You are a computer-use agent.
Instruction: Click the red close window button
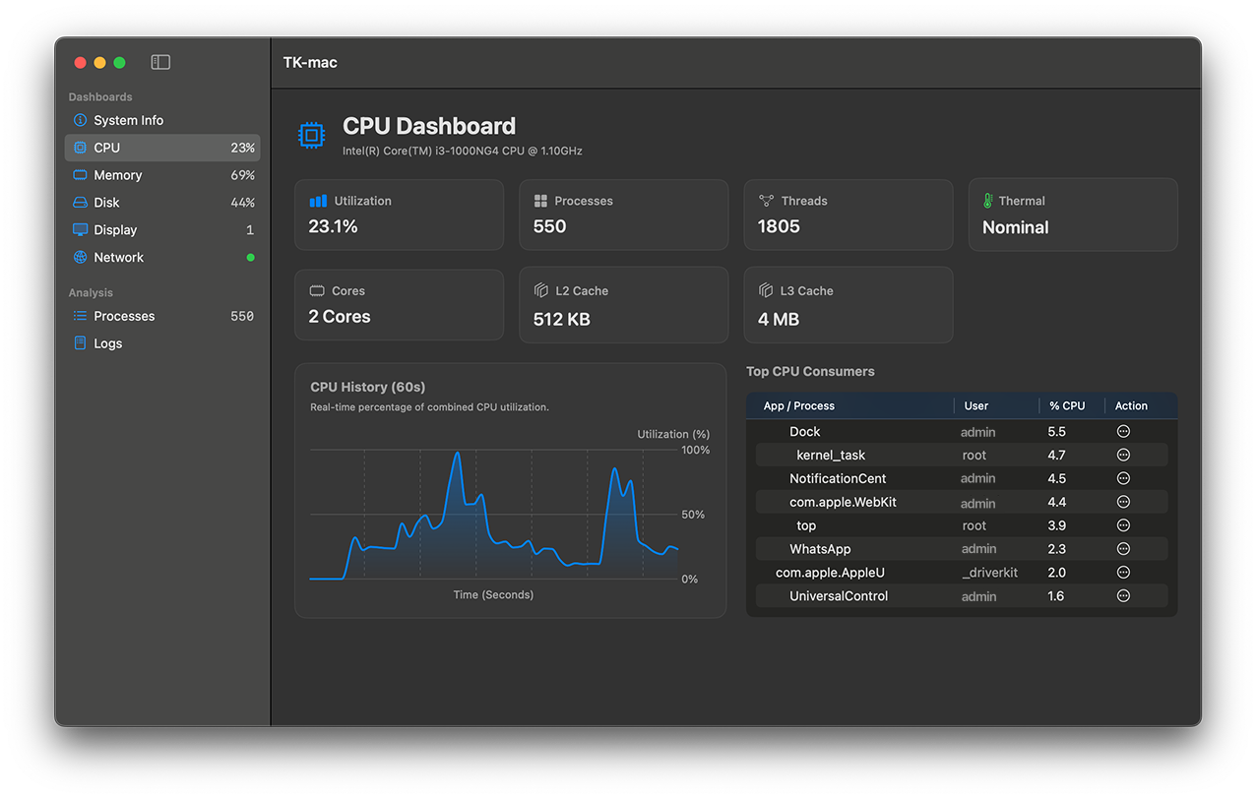[81, 63]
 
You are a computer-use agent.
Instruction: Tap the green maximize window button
[119, 63]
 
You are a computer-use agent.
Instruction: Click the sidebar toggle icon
[160, 62]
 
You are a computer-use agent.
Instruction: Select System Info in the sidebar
[128, 120]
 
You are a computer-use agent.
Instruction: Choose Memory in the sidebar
[117, 175]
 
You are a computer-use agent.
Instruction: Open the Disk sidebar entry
[106, 203]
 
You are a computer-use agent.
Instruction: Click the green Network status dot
[250, 258]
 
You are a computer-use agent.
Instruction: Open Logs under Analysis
[107, 343]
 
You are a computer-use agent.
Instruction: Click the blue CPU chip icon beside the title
[311, 135]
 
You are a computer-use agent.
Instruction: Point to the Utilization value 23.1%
[333, 226]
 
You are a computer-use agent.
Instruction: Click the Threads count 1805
[779, 226]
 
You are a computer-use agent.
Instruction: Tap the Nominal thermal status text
[1015, 227]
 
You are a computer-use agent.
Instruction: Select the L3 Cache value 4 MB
[779, 319]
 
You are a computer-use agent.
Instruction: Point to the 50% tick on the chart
[693, 515]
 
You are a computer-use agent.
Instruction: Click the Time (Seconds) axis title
[493, 594]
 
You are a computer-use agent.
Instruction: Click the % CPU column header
[1067, 405]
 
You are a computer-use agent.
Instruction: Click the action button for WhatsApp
[1123, 549]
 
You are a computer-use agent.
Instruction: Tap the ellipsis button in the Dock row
[1123, 432]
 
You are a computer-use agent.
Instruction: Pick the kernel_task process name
[831, 456]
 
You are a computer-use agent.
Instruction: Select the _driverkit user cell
[989, 573]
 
